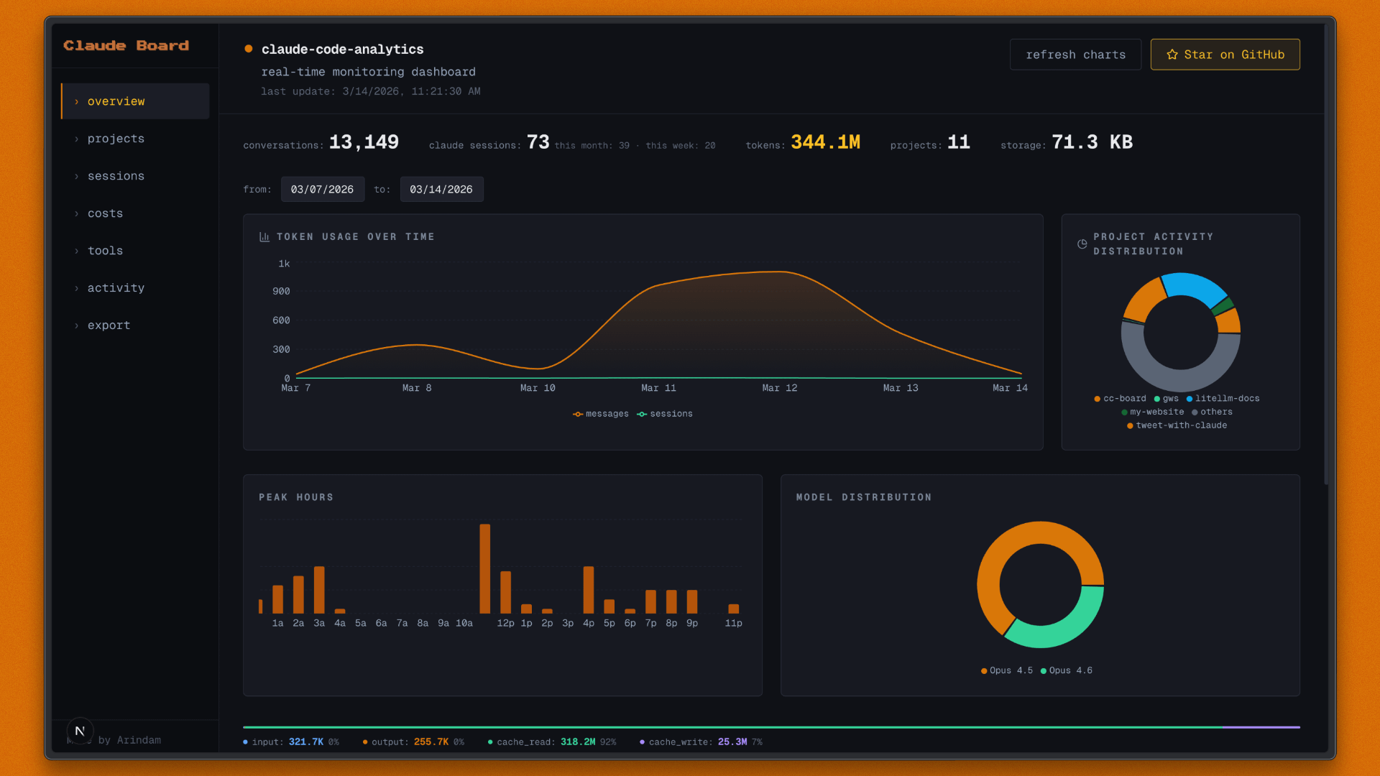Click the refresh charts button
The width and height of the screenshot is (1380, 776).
pyautogui.click(x=1075, y=55)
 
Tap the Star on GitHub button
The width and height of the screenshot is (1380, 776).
pyautogui.click(x=1225, y=55)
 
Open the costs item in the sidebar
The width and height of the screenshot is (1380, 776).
pyautogui.click(x=105, y=213)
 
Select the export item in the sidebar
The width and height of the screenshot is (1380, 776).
pyautogui.click(x=109, y=325)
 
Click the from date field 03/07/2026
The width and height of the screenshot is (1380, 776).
pyautogui.click(x=322, y=190)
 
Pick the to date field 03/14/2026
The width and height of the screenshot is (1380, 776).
pyautogui.click(x=441, y=190)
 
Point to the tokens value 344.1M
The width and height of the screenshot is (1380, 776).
pyautogui.click(x=825, y=142)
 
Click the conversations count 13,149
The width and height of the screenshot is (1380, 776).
pyautogui.click(x=364, y=142)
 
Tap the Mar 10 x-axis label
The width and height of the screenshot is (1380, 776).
pyautogui.click(x=538, y=388)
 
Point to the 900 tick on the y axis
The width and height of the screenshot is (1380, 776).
pyautogui.click(x=281, y=292)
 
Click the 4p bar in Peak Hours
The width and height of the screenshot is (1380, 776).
pyautogui.click(x=589, y=589)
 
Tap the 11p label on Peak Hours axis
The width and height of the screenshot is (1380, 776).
pyautogui.click(x=733, y=624)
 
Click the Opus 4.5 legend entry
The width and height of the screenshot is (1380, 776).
pyautogui.click(x=1007, y=670)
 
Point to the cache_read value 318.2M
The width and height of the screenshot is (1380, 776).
pyautogui.click(x=578, y=742)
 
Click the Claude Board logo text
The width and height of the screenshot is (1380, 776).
pyautogui.click(x=126, y=46)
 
